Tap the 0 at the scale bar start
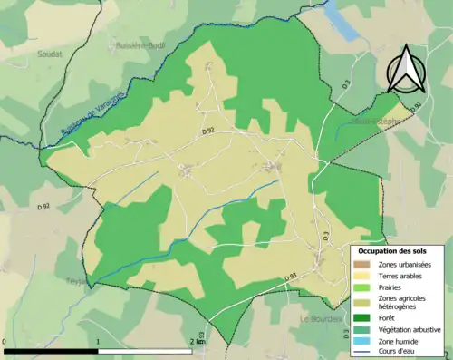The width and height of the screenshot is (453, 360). point(5,343)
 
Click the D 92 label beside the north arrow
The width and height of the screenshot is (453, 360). point(415,106)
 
